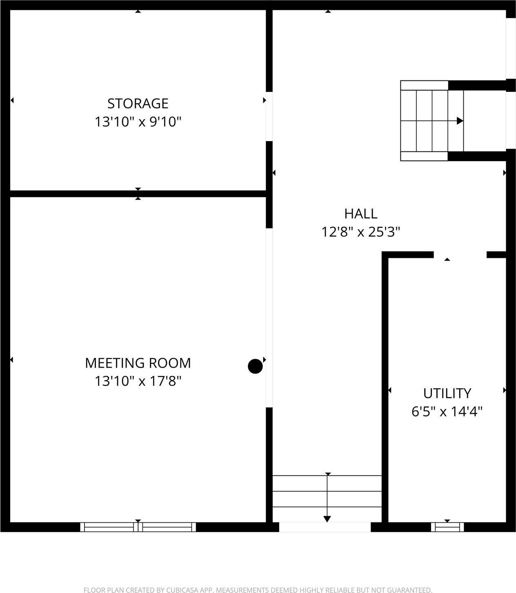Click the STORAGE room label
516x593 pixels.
[138, 104]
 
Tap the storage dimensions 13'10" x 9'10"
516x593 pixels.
[138, 122]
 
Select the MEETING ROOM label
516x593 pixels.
[138, 363]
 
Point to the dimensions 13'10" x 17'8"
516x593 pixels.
[138, 381]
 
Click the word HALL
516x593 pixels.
[361, 214]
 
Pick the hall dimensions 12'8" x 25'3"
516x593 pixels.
[361, 232]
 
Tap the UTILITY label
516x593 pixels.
[447, 393]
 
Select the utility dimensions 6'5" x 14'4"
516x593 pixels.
[447, 411]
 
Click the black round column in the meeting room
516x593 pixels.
[255, 366]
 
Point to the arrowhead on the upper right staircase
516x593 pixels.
[460, 120]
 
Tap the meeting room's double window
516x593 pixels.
[138, 527]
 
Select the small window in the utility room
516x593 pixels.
[447, 527]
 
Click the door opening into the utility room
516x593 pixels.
[460, 255]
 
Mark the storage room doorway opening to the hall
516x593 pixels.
[269, 116]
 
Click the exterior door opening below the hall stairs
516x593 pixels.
[325, 527]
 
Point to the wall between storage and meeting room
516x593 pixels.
[138, 194]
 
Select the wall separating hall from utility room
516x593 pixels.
[385, 389]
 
